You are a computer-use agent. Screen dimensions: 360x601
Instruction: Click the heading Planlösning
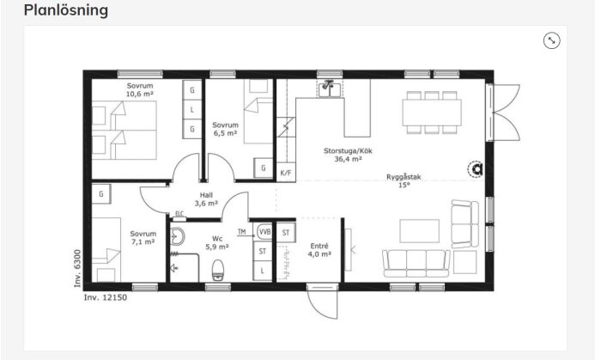(66, 10)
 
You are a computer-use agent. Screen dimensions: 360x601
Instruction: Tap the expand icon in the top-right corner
(551, 40)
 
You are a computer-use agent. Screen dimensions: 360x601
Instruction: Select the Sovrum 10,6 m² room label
(140, 90)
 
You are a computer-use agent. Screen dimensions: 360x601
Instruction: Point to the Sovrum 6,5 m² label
(225, 130)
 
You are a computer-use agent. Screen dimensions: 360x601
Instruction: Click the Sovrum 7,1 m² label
(143, 237)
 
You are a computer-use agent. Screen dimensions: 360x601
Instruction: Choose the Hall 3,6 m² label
(206, 199)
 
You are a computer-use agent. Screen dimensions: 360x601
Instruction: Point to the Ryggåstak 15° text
(403, 180)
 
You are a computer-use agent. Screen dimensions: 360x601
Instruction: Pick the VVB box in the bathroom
(264, 232)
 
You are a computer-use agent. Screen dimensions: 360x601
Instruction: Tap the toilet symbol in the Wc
(218, 269)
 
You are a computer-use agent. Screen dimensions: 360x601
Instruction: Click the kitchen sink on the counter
(328, 88)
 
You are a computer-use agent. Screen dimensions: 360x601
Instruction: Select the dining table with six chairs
(432, 113)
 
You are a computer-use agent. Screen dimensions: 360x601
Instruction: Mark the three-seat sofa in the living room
(416, 262)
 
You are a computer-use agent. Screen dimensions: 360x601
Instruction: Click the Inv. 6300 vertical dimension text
(76, 271)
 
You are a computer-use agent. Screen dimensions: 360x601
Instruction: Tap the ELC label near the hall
(179, 214)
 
